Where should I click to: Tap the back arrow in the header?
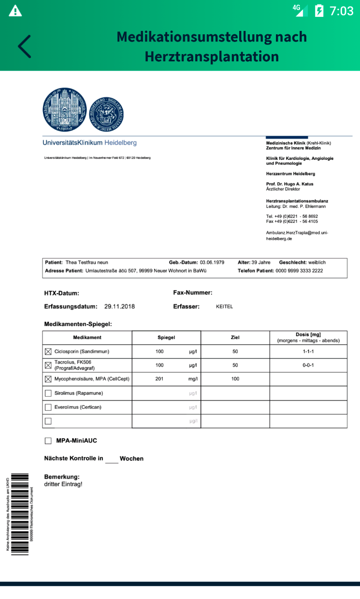24,46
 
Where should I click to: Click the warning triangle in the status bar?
15,10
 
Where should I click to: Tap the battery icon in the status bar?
319,11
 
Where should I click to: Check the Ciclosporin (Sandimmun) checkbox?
48,352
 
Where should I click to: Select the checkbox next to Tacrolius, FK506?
48,365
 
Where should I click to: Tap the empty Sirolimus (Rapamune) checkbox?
48,393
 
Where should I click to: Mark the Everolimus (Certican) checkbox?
48,407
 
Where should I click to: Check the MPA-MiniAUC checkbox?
48,441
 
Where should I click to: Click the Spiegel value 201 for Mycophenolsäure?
159,379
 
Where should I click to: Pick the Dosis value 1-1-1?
308,352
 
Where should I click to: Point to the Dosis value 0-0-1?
308,365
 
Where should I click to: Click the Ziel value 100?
235,379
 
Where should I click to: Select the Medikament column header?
87,338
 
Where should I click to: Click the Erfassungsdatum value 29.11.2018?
119,307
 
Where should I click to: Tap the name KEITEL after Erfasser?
224,307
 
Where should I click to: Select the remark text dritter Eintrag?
63,484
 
